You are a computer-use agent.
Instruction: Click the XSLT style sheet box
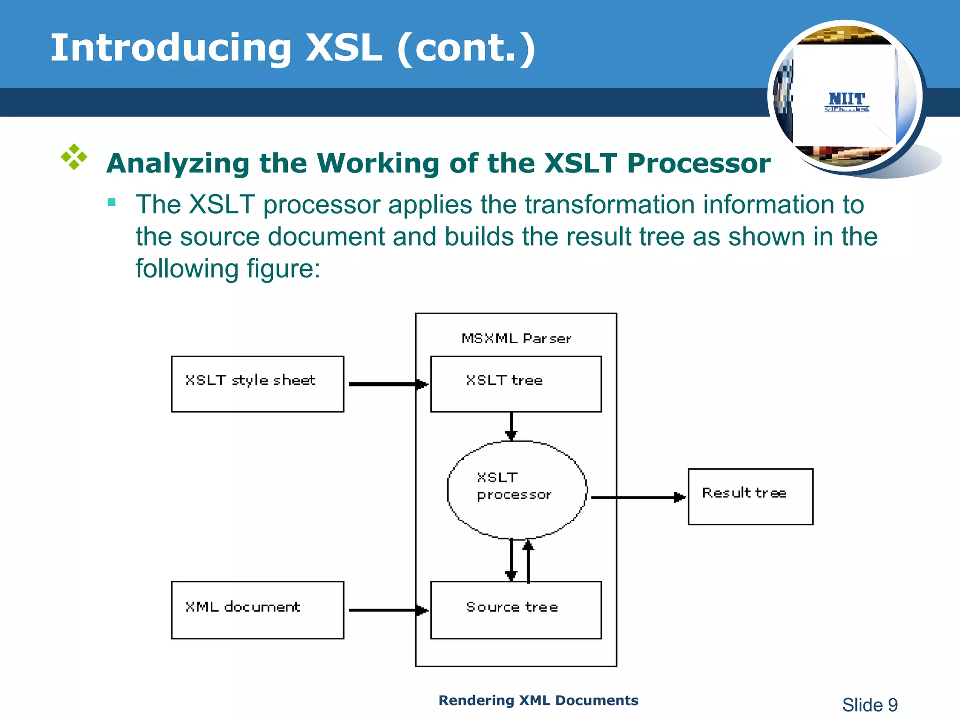coord(257,384)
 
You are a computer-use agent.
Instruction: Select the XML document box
coord(257,610)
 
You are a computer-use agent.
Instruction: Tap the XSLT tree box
coord(516,384)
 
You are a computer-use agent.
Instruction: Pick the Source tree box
coord(516,610)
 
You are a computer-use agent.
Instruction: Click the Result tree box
coord(750,496)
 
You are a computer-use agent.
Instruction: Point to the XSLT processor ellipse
coord(517,490)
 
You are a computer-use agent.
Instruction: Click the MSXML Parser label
coord(516,338)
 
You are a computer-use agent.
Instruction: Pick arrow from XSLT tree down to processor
coord(511,426)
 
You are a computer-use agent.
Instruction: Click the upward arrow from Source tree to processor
coord(529,561)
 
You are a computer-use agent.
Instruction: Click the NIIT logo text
coord(847,99)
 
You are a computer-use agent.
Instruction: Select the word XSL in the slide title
coord(344,48)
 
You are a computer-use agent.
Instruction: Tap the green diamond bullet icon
coord(74,157)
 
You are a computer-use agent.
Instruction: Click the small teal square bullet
coord(112,202)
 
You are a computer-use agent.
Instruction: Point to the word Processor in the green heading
coord(698,164)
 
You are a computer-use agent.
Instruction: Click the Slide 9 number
coord(870,705)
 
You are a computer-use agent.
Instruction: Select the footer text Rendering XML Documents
coord(538,700)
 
